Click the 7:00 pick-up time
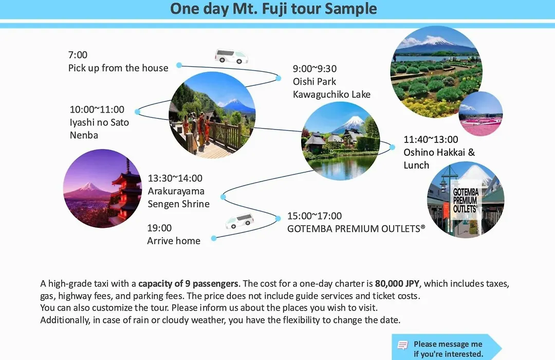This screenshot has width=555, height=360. pyautogui.click(x=78, y=55)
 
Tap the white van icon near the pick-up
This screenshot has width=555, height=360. pyautogui.click(x=231, y=57)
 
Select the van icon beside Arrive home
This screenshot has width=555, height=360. pyautogui.click(x=239, y=221)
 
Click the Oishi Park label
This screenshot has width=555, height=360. pyautogui.click(x=314, y=81)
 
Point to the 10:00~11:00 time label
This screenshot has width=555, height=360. pyautogui.click(x=97, y=110)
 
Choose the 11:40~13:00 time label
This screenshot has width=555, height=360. pyautogui.click(x=431, y=139)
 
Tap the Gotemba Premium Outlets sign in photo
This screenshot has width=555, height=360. pyautogui.click(x=466, y=201)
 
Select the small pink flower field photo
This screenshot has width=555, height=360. pyautogui.click(x=480, y=113)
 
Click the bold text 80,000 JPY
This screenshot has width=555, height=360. pyautogui.click(x=397, y=284)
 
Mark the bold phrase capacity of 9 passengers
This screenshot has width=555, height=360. pyautogui.click(x=188, y=284)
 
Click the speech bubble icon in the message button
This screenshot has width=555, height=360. pyautogui.click(x=403, y=345)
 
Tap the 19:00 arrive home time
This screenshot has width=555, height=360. pyautogui.click(x=159, y=228)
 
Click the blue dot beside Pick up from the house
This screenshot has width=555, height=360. pyautogui.click(x=179, y=65)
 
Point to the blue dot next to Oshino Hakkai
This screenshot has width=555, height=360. pyautogui.click(x=392, y=147)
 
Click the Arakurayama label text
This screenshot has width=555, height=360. pyautogui.click(x=176, y=191)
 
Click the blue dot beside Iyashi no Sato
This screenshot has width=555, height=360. pyautogui.click(x=138, y=112)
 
